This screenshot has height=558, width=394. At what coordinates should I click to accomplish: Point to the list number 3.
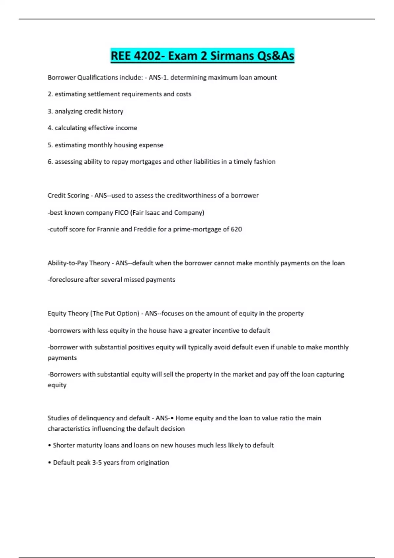coord(50,111)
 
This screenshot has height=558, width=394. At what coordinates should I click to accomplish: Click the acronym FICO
coord(121,213)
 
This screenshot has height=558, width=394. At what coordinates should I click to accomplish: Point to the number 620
coord(236,229)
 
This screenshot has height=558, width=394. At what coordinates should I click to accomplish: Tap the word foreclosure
coord(66,280)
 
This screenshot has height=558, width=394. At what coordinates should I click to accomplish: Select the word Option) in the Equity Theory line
coord(128,313)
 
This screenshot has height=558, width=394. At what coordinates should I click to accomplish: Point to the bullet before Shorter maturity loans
coord(50,445)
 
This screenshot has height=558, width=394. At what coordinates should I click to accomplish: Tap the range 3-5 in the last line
coord(97,462)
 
